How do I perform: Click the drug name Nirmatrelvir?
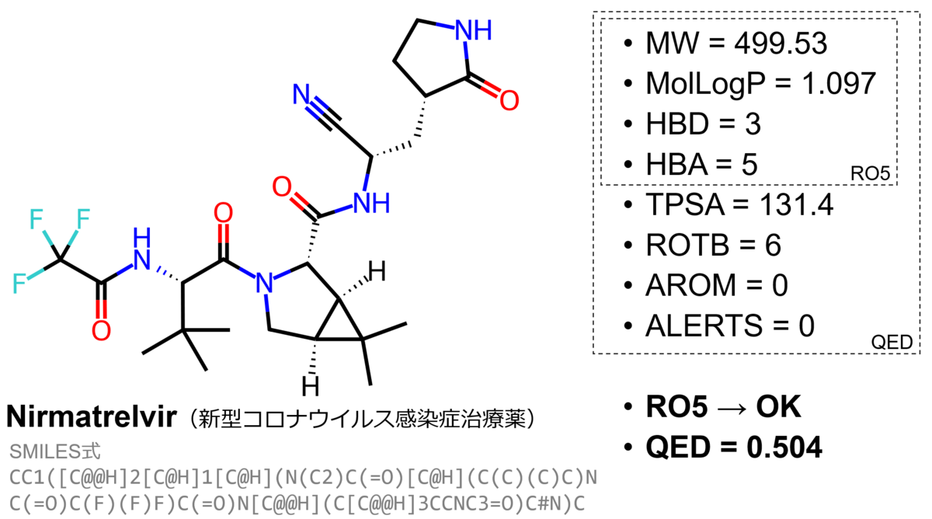[x=90, y=418]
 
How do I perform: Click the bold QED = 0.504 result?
[x=733, y=448]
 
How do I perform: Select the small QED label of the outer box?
[x=894, y=343]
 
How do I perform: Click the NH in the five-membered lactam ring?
[x=473, y=30]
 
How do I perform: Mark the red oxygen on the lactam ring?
[x=508, y=99]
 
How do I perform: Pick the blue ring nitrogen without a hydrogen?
[x=266, y=283]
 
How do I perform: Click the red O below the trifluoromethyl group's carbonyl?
[x=100, y=331]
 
